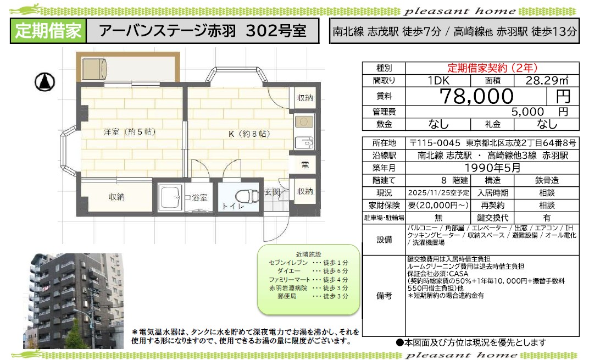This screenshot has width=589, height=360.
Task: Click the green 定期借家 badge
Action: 48,31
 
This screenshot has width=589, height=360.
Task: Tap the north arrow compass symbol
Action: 45,82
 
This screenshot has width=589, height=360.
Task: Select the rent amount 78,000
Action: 476,96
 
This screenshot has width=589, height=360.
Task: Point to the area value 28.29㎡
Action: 547,80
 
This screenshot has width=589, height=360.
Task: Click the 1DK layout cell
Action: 438,80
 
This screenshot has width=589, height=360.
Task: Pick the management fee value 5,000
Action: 527,112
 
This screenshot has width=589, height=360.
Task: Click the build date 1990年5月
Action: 492,168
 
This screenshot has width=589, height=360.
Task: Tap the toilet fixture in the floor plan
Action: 247,196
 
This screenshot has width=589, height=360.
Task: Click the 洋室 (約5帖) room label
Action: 130,132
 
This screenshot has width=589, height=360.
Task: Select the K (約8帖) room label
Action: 249,134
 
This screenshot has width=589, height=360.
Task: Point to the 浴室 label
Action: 199,198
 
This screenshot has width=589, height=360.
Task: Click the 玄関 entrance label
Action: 273,192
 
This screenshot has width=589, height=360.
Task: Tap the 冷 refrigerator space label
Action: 304,164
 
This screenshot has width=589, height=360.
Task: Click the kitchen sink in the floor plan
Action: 304,143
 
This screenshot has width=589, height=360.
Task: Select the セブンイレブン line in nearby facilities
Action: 308,263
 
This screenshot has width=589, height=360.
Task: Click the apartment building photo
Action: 73,301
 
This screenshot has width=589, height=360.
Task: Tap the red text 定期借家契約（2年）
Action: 492,68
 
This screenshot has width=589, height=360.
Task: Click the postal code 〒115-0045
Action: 435,143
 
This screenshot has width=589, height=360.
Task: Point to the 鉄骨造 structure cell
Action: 547,180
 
